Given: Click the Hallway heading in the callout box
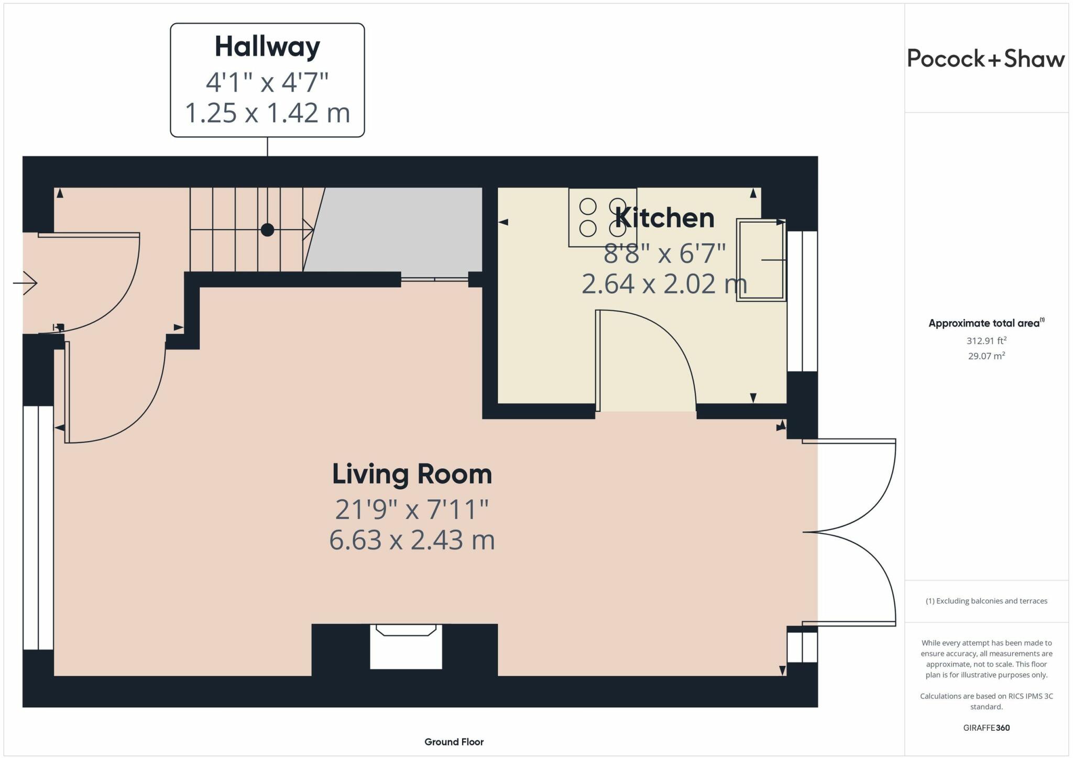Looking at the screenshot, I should [267, 47].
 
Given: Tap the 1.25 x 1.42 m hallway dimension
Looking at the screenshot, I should [267, 113].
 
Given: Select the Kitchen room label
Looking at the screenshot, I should [664, 218].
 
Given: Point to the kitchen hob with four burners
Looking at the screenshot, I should [603, 217].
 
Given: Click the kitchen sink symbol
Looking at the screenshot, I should [761, 260].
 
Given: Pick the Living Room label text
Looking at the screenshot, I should [412, 474].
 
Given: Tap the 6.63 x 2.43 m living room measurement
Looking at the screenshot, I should [412, 540].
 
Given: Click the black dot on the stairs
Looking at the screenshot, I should [267, 229].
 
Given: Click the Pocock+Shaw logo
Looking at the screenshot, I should [986, 59].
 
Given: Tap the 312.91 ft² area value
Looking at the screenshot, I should [986, 340].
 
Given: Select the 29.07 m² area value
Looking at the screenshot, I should [986, 356].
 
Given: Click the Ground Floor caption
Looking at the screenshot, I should [454, 742].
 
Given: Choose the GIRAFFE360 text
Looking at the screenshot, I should [986, 728].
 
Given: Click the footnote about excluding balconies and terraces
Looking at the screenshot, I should [986, 601].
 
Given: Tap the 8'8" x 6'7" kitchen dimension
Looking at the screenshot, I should [664, 254].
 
